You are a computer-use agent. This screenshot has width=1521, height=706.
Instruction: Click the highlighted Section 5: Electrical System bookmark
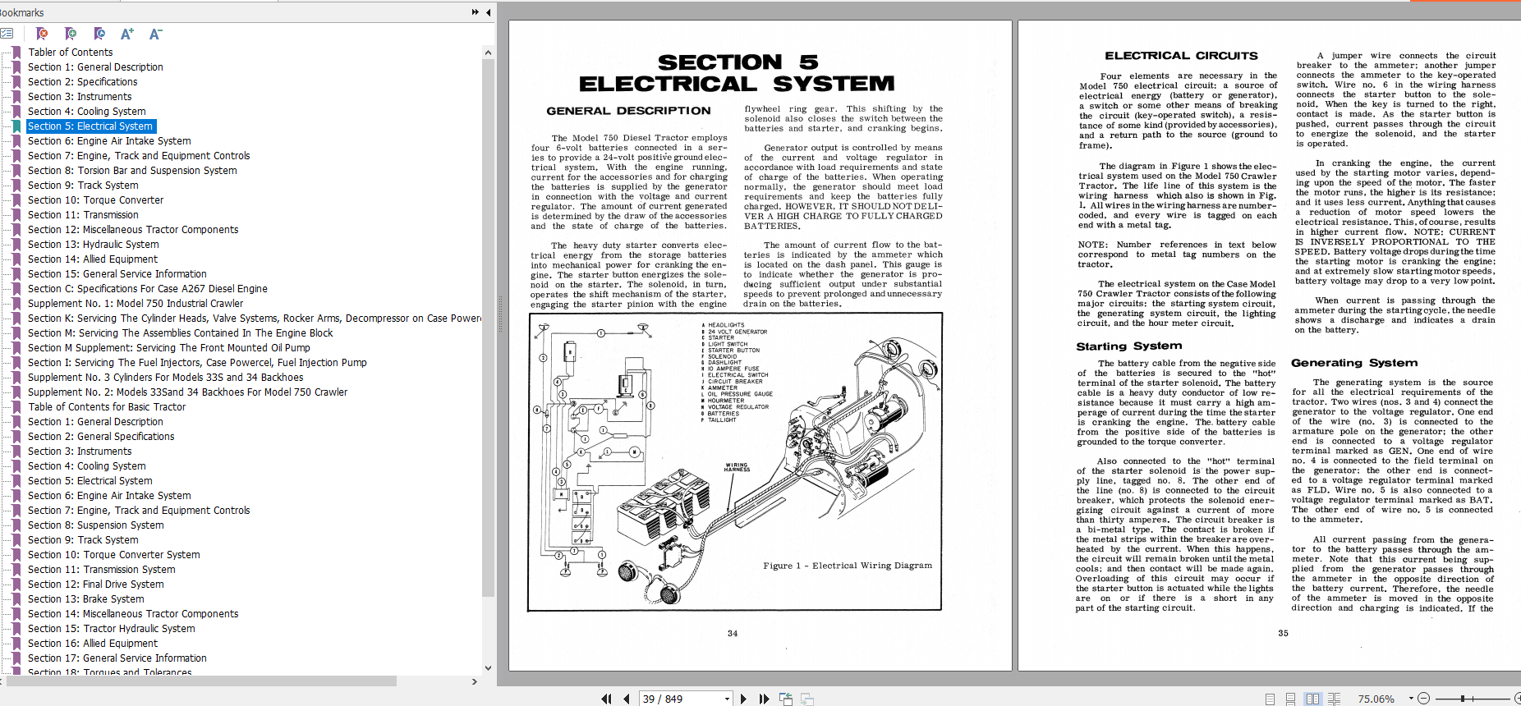pyautogui.click(x=90, y=126)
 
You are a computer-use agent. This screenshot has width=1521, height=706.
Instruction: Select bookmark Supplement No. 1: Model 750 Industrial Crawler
pyautogui.click(x=135, y=303)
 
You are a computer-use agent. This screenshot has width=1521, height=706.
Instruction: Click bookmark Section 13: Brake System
pyautogui.click(x=85, y=598)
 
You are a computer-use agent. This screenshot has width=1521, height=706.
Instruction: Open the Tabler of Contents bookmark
pyautogui.click(x=70, y=52)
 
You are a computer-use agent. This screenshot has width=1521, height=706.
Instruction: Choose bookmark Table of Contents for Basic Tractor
pyautogui.click(x=107, y=406)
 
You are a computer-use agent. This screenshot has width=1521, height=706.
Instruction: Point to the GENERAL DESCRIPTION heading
pyautogui.click(x=628, y=111)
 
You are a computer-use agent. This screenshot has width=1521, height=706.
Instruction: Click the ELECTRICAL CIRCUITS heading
pyautogui.click(x=1180, y=56)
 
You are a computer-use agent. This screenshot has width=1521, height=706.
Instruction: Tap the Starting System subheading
pyautogui.click(x=1128, y=346)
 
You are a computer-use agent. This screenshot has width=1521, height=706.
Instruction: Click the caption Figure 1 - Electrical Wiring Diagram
pyautogui.click(x=847, y=566)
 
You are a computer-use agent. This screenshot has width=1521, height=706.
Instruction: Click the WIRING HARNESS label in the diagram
pyautogui.click(x=737, y=467)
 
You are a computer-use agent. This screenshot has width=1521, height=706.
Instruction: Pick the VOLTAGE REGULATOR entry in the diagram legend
pyautogui.click(x=738, y=407)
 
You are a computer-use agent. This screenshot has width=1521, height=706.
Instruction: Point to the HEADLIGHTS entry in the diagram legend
pyautogui.click(x=726, y=325)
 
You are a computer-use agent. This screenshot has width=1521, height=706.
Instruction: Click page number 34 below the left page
pyautogui.click(x=732, y=634)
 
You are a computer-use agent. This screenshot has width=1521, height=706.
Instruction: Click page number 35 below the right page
pyautogui.click(x=1283, y=634)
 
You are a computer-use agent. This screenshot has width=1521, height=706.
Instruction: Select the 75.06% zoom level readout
pyautogui.click(x=1376, y=699)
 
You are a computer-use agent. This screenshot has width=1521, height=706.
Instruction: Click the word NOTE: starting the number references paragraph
pyautogui.click(x=1091, y=245)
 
